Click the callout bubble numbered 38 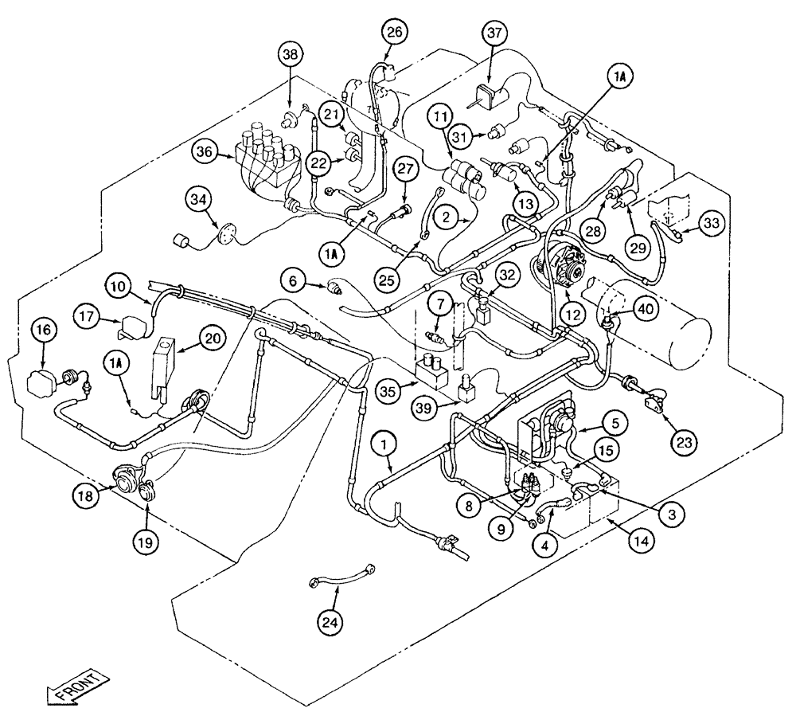291,55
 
